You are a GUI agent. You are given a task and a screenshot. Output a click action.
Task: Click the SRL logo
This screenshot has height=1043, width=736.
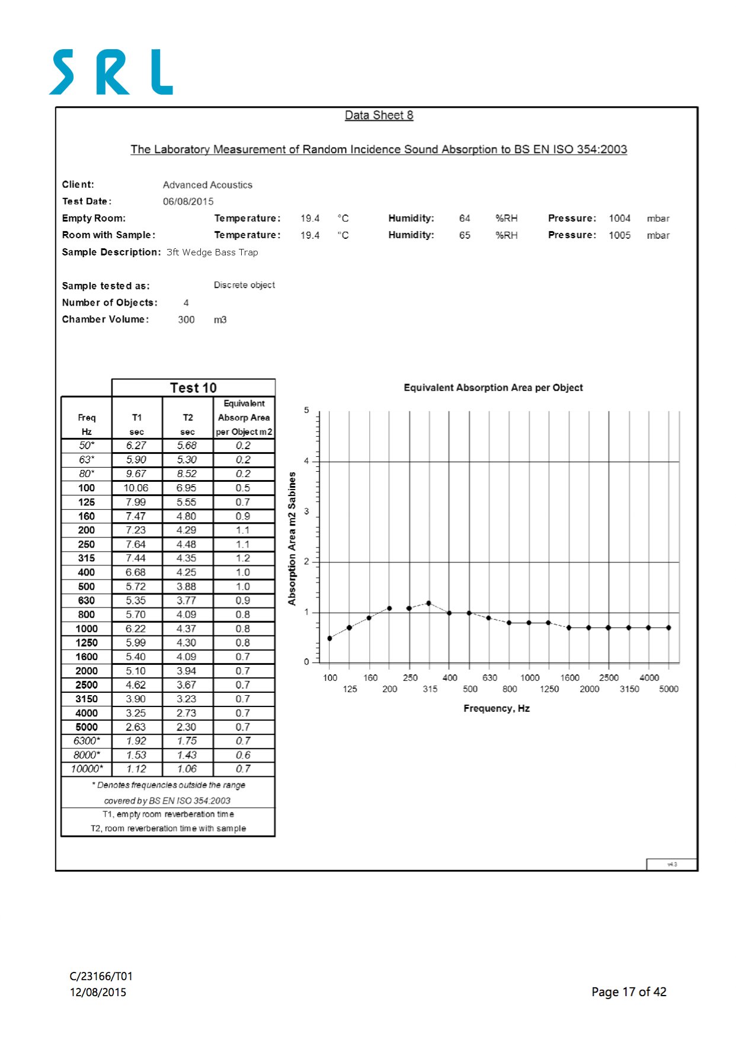[x=111, y=72]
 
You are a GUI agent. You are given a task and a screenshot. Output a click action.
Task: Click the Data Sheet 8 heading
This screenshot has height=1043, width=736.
[x=379, y=116]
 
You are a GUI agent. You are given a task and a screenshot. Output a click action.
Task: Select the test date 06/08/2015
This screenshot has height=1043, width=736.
[x=188, y=201]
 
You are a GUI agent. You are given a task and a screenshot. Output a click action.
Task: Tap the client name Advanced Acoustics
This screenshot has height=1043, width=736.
[x=207, y=185]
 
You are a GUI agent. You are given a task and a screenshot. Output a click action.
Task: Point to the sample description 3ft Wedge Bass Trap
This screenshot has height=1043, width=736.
[x=212, y=252]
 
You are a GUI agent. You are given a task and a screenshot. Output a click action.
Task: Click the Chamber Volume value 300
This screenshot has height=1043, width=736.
[x=186, y=320]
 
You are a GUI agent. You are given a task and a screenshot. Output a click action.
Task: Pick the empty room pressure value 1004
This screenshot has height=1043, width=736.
[x=619, y=219]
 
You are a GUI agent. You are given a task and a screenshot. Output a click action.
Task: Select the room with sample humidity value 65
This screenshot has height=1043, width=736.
[x=465, y=235]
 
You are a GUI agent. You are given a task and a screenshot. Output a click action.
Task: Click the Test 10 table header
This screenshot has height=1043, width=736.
[x=193, y=388]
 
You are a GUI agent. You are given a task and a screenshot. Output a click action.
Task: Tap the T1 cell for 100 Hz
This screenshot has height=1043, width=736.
[x=136, y=488]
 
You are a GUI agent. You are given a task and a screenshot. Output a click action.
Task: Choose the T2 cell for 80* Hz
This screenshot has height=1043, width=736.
[x=187, y=474]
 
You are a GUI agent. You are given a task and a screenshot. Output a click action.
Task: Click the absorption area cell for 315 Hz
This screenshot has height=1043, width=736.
[x=243, y=558]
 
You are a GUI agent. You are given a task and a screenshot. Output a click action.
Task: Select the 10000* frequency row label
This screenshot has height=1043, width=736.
[x=87, y=769]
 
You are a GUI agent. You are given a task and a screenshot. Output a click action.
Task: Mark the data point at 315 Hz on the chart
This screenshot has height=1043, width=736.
[x=428, y=603]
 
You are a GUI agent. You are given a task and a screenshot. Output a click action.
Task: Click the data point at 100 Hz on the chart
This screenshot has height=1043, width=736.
[x=329, y=638]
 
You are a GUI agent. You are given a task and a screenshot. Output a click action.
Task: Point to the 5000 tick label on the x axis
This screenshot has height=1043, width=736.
[x=668, y=689]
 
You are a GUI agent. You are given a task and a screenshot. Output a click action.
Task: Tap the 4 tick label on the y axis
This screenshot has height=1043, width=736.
[x=306, y=461]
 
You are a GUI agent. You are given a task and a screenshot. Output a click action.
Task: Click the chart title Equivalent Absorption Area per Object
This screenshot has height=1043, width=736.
[x=493, y=388]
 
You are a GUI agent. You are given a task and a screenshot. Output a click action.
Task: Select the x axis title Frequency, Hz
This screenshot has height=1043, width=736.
[x=497, y=709]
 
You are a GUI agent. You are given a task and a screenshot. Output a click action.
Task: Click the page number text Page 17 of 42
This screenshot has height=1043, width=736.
[x=629, y=992]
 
